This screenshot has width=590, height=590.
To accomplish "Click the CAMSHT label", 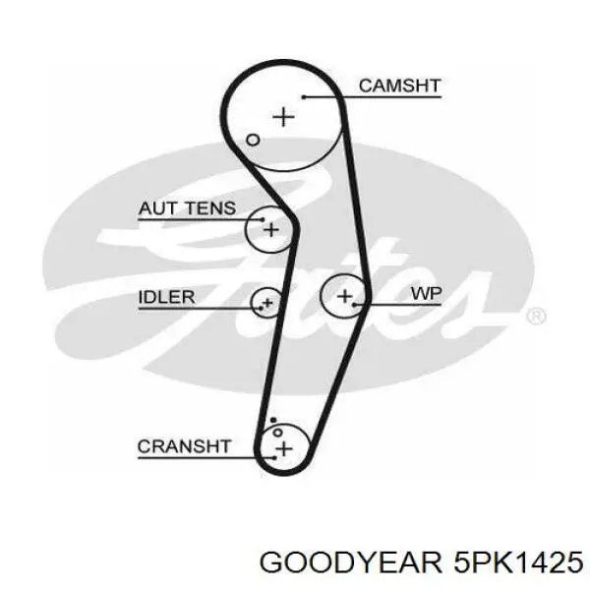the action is click(x=399, y=86).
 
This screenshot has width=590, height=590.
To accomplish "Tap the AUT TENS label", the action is click(x=188, y=208).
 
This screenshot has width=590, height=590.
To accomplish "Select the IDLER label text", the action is click(x=167, y=297).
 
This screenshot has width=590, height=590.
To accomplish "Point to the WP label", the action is click(x=427, y=293).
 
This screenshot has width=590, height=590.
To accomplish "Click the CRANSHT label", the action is click(x=184, y=446).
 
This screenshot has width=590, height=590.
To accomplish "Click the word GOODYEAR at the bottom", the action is click(x=350, y=562).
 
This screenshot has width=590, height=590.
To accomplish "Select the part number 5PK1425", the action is click(x=518, y=562).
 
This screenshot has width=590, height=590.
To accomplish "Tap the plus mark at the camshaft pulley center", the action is click(x=283, y=117).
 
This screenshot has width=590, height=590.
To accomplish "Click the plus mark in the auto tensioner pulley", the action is click(x=271, y=230).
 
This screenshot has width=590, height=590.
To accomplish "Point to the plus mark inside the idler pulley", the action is click(x=267, y=303).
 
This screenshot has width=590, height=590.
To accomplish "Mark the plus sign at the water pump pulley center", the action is click(x=344, y=296).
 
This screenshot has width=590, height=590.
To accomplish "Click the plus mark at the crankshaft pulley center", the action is click(x=284, y=448).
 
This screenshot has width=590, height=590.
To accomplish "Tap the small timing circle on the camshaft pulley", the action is click(x=253, y=140).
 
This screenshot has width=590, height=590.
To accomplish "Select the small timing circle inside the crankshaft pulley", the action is click(x=277, y=433).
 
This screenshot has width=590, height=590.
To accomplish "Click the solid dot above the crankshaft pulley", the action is click(x=273, y=420).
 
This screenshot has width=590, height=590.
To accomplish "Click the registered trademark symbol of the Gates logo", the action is click(x=536, y=316).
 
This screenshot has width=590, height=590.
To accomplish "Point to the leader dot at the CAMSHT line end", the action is click(x=304, y=97).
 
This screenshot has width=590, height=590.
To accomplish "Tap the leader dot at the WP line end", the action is click(x=354, y=304).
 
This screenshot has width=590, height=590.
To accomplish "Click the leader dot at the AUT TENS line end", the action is click(x=263, y=219).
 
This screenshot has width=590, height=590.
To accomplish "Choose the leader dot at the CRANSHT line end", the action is click(x=275, y=458).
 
